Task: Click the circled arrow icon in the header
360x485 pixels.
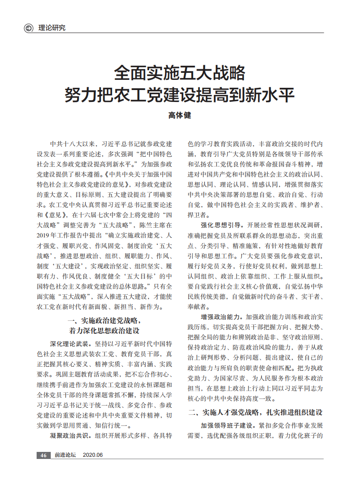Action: [28, 28]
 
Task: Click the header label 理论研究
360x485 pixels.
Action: [52, 28]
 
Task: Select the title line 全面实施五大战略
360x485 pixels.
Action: [180, 72]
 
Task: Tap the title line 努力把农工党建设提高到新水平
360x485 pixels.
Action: [180, 94]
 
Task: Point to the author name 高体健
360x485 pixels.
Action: [180, 116]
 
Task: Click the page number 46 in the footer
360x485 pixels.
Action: [43, 455]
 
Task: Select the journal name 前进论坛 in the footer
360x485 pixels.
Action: [66, 455]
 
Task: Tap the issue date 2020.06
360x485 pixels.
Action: [93, 455]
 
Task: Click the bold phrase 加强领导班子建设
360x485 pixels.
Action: [226, 426]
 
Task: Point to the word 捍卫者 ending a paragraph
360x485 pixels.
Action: [197, 214]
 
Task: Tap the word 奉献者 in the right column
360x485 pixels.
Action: [197, 306]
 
